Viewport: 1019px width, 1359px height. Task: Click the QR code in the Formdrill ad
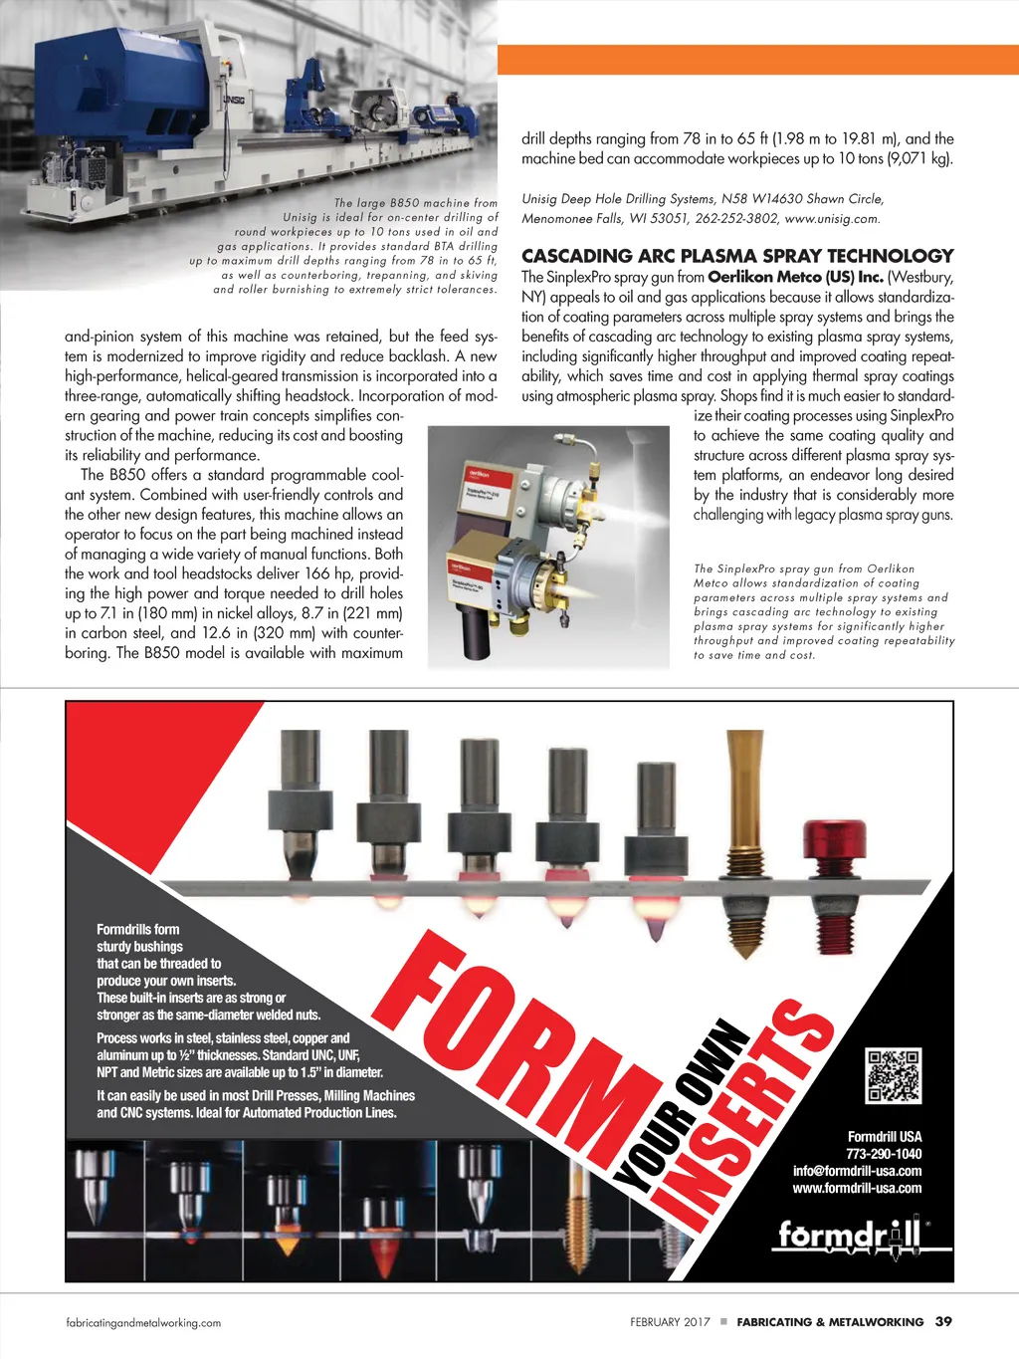coord(893,1075)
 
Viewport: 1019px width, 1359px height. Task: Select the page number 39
coord(943,1321)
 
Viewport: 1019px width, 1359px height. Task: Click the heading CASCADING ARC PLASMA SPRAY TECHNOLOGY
coord(737,256)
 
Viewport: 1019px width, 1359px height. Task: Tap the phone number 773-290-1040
coord(884,1154)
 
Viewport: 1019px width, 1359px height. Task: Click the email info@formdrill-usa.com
coord(857,1171)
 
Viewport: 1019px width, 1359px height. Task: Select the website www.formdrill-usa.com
coord(857,1188)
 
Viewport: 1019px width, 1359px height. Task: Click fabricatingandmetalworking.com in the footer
coord(143,1323)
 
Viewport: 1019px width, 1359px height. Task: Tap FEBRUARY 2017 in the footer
coord(670,1322)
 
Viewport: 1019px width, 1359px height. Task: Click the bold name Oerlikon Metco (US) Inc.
coord(795,277)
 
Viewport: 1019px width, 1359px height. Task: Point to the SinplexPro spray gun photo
coord(548,545)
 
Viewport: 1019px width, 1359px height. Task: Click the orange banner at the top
coord(757,60)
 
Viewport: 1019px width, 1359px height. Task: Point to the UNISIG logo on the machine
coord(233,100)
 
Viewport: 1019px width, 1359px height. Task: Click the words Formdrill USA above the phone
coord(885,1136)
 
